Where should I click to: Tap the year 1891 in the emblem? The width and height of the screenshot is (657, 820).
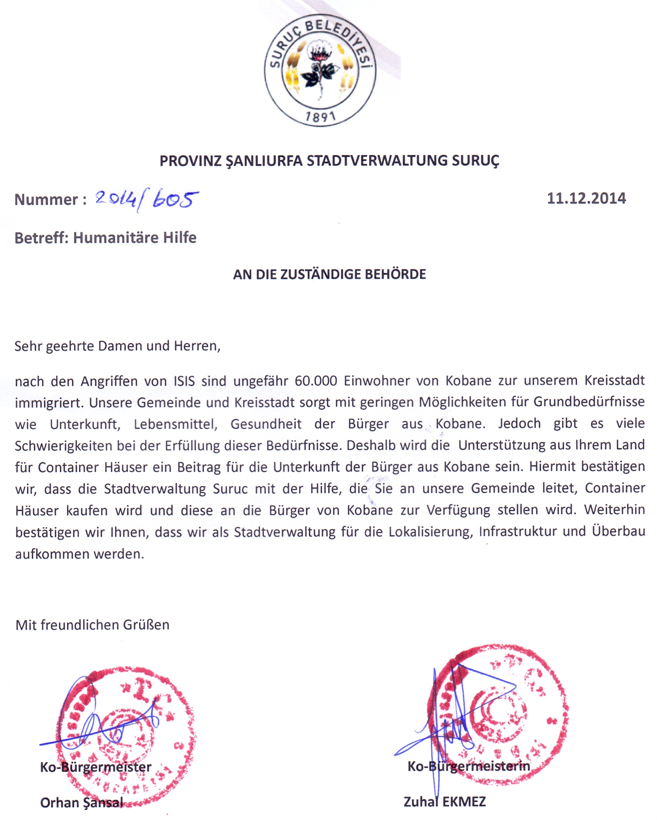click(x=320, y=117)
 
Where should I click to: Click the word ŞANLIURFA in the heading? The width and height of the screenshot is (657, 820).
click(x=264, y=161)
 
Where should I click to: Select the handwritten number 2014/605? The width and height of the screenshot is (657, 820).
click(x=146, y=200)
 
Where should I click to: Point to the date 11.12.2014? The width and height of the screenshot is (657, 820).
click(x=586, y=198)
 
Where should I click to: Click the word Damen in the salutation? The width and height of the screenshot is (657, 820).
click(x=117, y=346)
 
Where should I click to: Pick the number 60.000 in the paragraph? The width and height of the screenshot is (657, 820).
click(x=315, y=381)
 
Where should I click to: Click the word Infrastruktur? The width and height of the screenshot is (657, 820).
click(x=518, y=532)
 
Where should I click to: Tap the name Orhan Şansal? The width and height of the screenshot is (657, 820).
click(x=81, y=803)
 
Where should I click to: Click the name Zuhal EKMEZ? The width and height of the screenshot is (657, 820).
click(x=444, y=801)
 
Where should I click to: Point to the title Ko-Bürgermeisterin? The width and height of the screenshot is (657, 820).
click(x=468, y=766)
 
